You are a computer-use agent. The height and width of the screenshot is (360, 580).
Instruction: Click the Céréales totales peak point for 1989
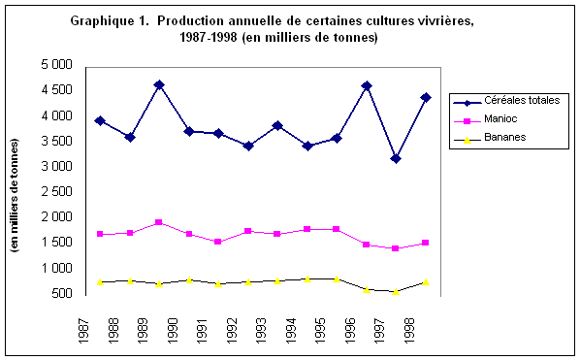click(x=158, y=85)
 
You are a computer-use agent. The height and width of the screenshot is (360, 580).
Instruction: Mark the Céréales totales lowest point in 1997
click(x=396, y=158)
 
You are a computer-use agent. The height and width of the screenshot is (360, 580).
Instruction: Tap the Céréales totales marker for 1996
click(x=366, y=86)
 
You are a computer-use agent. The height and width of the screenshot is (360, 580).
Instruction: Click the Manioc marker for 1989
click(x=158, y=222)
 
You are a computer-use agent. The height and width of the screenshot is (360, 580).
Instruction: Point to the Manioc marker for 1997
click(x=396, y=248)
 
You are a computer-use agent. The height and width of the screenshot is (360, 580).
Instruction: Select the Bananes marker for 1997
click(x=396, y=291)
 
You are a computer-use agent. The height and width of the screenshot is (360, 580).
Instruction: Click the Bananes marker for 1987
click(x=99, y=281)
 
